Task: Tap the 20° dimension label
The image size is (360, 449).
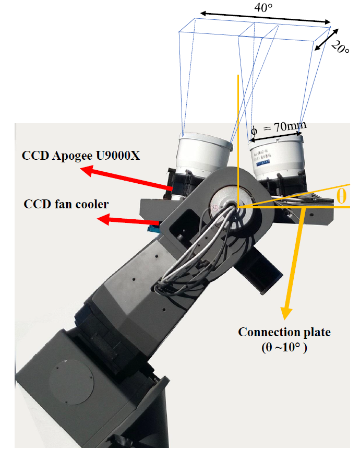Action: point(340,49)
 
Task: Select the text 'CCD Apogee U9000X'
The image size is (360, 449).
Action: point(81,156)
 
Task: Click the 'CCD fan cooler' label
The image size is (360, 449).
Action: point(66,204)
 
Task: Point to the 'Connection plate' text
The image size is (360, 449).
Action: point(284,332)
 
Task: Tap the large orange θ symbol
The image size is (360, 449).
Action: point(341,196)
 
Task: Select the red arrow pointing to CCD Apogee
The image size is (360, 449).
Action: point(125,178)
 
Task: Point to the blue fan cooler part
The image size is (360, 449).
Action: point(153,227)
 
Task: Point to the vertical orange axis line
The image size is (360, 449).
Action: point(238,141)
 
